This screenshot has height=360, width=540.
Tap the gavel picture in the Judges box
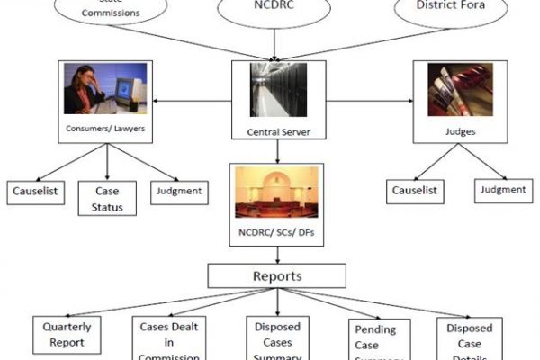[x=460, y=90]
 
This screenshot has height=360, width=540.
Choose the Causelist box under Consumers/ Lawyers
[x=36, y=191]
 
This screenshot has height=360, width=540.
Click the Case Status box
[x=107, y=199]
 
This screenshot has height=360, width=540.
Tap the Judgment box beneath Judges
[x=502, y=190]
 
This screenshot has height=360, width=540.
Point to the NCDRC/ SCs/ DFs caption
[x=276, y=235]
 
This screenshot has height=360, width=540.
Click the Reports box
[x=276, y=276]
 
